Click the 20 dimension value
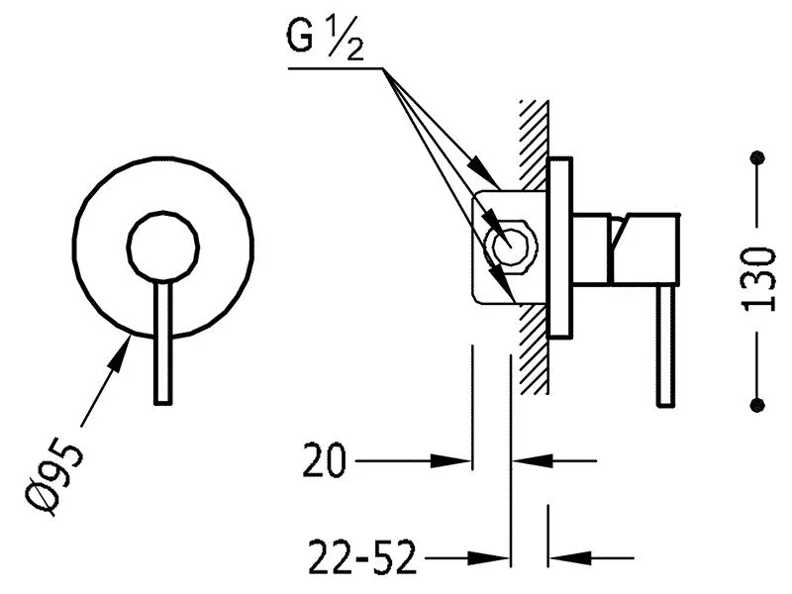click(325, 460)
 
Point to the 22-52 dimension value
click(361, 559)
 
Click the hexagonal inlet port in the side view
click(512, 245)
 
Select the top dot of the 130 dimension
click(758, 156)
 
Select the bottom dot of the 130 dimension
click(758, 404)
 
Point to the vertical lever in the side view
click(667, 346)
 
